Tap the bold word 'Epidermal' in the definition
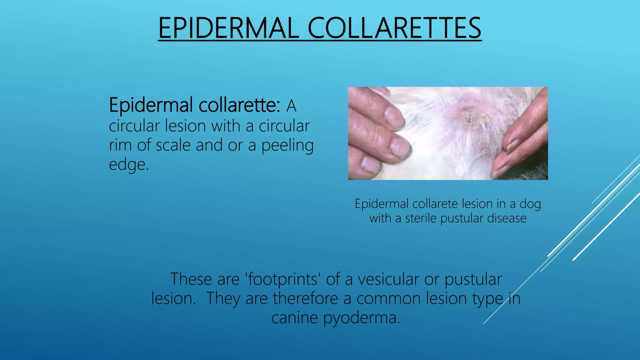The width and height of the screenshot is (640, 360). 151,106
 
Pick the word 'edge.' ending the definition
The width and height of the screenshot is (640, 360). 129,165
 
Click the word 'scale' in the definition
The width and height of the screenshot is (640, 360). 173,145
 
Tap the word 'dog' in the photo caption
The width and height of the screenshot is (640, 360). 530,204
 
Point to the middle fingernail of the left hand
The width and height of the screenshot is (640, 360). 400,146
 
